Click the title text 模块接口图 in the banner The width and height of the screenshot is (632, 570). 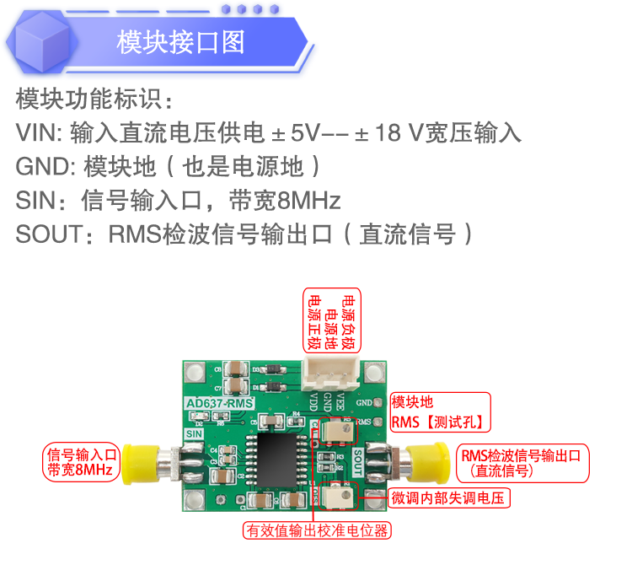click(x=181, y=42)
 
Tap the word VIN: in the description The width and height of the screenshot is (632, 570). click(x=39, y=133)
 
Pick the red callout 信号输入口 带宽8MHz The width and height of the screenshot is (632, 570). click(x=83, y=461)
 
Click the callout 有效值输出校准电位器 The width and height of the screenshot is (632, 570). click(x=319, y=530)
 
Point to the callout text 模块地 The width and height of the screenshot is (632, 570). click(x=413, y=402)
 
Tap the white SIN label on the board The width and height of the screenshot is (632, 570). click(x=195, y=433)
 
